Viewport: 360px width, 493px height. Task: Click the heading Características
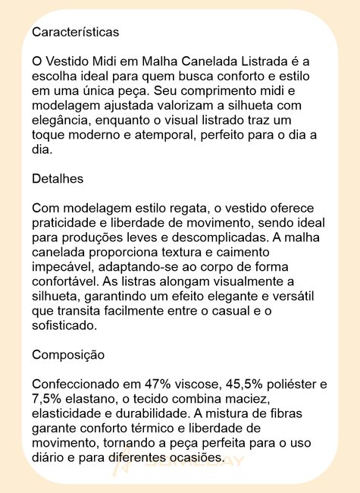pyautogui.click(x=75, y=33)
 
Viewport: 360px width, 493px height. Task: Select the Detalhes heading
pyautogui.click(x=58, y=179)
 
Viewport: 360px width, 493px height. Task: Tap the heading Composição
pyautogui.click(x=68, y=354)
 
